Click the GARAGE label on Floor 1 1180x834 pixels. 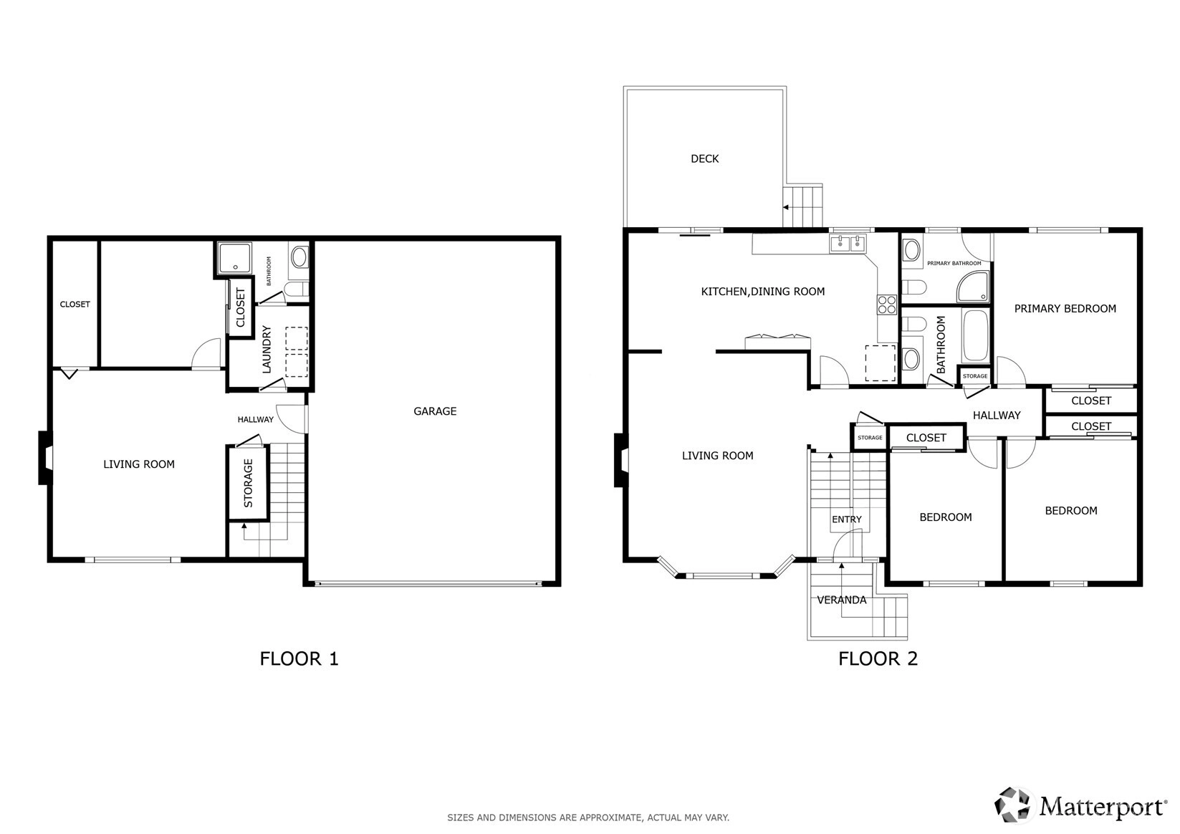tap(435, 411)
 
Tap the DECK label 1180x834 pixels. tap(704, 158)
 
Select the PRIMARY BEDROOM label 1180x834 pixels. tap(1065, 309)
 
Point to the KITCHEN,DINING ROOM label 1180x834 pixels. tap(762, 292)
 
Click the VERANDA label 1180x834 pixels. tap(841, 600)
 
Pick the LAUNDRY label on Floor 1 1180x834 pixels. tap(267, 350)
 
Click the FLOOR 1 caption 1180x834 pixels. tap(299, 658)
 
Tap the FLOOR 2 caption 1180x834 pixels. tap(878, 658)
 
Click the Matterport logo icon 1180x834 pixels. tap(1012, 805)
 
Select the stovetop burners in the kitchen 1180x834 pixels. tap(886, 305)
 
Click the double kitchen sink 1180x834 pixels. tap(848, 244)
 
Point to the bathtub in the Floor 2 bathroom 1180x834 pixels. tap(975, 335)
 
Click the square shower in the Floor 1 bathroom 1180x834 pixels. tap(234, 258)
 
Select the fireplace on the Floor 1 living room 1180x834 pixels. tap(45, 458)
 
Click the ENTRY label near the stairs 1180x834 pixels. tap(847, 519)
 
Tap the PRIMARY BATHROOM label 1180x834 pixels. tap(954, 264)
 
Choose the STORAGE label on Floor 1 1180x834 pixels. tap(248, 483)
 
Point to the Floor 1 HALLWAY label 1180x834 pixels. tap(256, 419)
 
